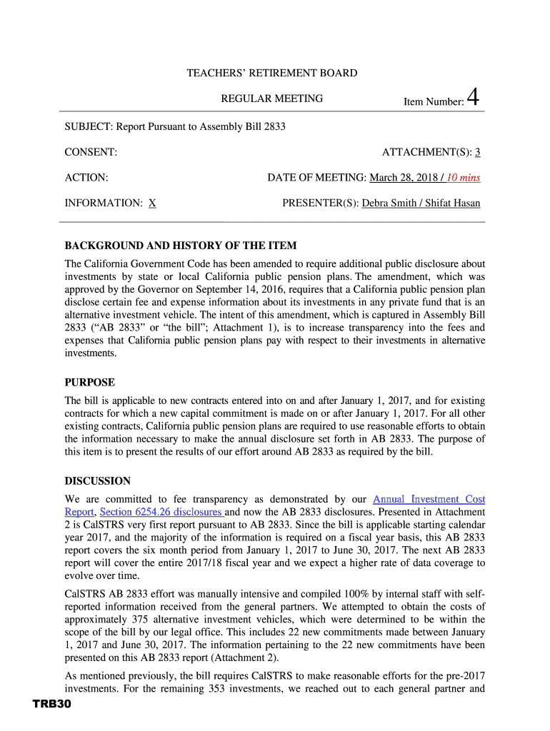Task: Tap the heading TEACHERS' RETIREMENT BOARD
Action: point(271,74)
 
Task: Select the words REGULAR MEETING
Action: point(271,99)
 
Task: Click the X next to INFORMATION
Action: point(153,203)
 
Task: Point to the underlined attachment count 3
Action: point(478,152)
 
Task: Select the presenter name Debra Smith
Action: point(389,203)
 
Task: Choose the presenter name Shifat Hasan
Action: point(453,203)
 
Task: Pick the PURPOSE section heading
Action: point(89,383)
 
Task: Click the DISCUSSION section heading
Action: point(97,481)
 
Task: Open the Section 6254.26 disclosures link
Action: point(161,513)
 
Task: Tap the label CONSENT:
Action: point(91,152)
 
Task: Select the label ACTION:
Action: point(86,178)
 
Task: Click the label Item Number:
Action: point(434,102)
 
